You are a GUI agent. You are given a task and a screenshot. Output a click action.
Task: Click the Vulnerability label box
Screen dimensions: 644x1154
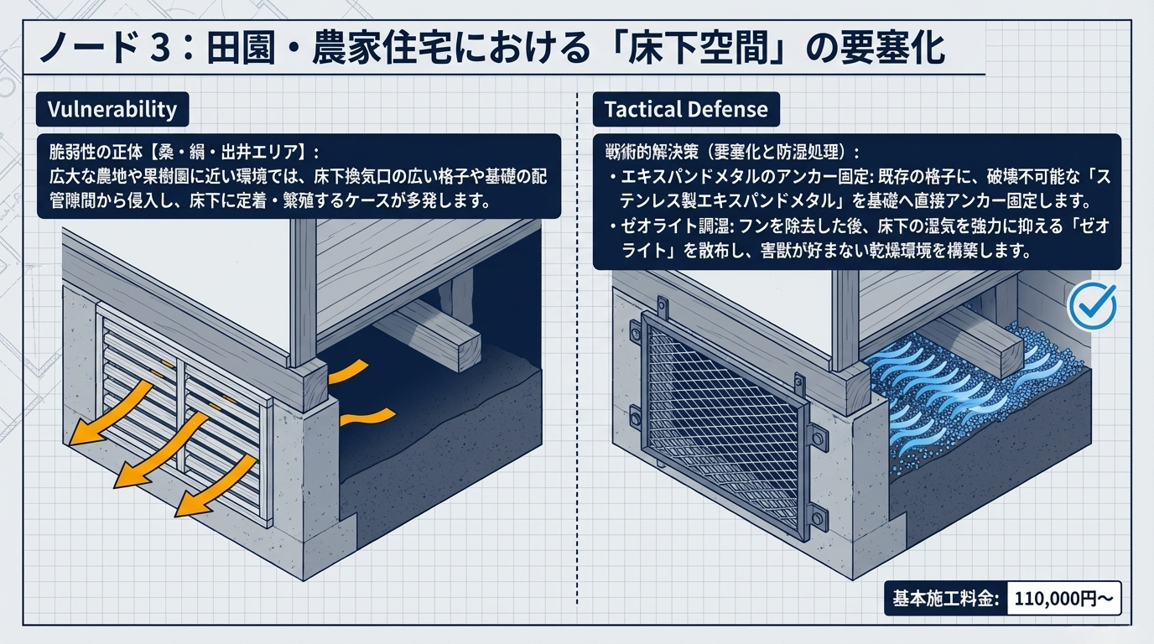tap(112, 110)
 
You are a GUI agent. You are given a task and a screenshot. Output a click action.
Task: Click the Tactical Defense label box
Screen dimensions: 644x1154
tap(685, 110)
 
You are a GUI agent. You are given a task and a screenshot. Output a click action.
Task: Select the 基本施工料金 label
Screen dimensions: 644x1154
tap(945, 599)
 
